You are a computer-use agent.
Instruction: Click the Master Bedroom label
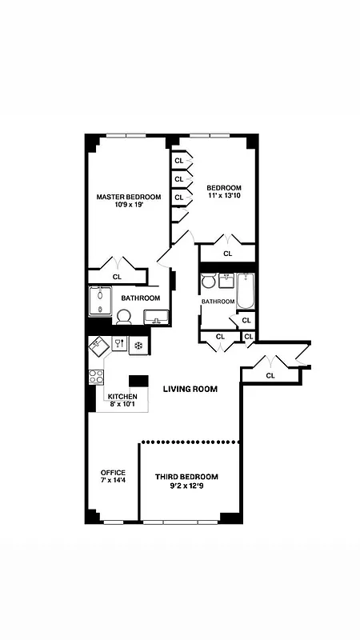click(129, 197)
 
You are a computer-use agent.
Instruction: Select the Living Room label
click(190, 389)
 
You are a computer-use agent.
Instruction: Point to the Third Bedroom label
click(186, 477)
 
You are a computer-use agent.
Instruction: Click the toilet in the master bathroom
click(124, 317)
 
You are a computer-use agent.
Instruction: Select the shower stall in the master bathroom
click(100, 302)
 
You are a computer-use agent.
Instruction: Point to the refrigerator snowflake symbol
click(138, 346)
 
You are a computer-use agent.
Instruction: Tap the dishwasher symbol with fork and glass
click(118, 345)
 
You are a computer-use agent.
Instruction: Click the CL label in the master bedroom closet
click(117, 277)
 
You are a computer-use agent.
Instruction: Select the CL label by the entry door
click(270, 374)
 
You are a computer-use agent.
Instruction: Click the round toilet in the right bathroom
click(209, 282)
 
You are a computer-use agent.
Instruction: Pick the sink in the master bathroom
click(158, 318)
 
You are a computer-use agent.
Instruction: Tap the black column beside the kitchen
click(139, 382)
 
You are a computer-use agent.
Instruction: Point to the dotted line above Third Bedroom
click(190, 441)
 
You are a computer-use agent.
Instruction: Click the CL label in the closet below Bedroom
click(227, 254)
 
